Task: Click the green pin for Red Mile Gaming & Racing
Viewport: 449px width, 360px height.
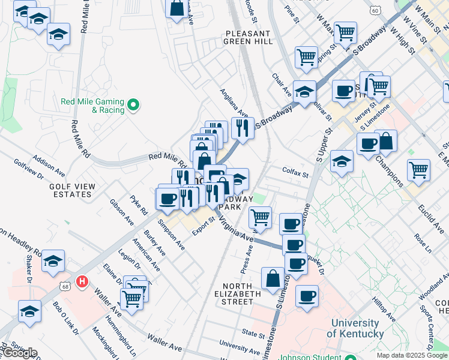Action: [134, 106]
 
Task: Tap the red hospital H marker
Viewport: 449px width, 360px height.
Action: [83, 281]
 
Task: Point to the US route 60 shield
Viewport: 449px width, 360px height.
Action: [375, 11]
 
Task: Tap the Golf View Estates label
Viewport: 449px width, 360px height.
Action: [72, 190]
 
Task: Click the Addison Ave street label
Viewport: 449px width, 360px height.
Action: [46, 164]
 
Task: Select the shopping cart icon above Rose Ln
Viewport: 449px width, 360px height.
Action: [418, 169]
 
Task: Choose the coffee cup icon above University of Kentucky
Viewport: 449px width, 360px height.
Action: [307, 296]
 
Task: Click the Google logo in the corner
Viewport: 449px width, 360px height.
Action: [19, 353]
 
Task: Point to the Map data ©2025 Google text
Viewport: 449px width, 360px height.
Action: [412, 355]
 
